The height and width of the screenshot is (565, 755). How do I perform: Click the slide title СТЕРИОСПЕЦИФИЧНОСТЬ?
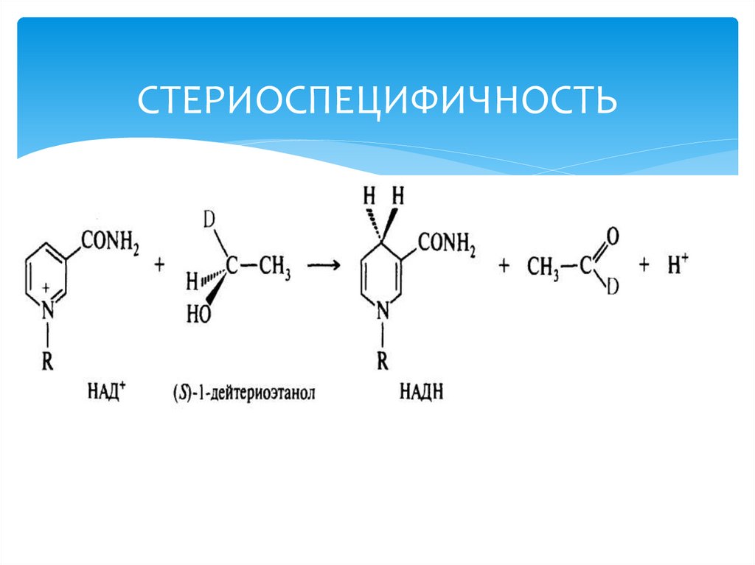click(x=376, y=102)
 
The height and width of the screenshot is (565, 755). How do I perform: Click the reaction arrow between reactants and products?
click(x=325, y=267)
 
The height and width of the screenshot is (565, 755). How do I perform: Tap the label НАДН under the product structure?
click(x=420, y=392)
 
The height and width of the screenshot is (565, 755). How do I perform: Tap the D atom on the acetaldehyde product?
click(x=611, y=289)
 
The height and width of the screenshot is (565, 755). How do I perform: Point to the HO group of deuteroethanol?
click(x=198, y=315)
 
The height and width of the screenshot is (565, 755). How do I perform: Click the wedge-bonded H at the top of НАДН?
click(x=398, y=196)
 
